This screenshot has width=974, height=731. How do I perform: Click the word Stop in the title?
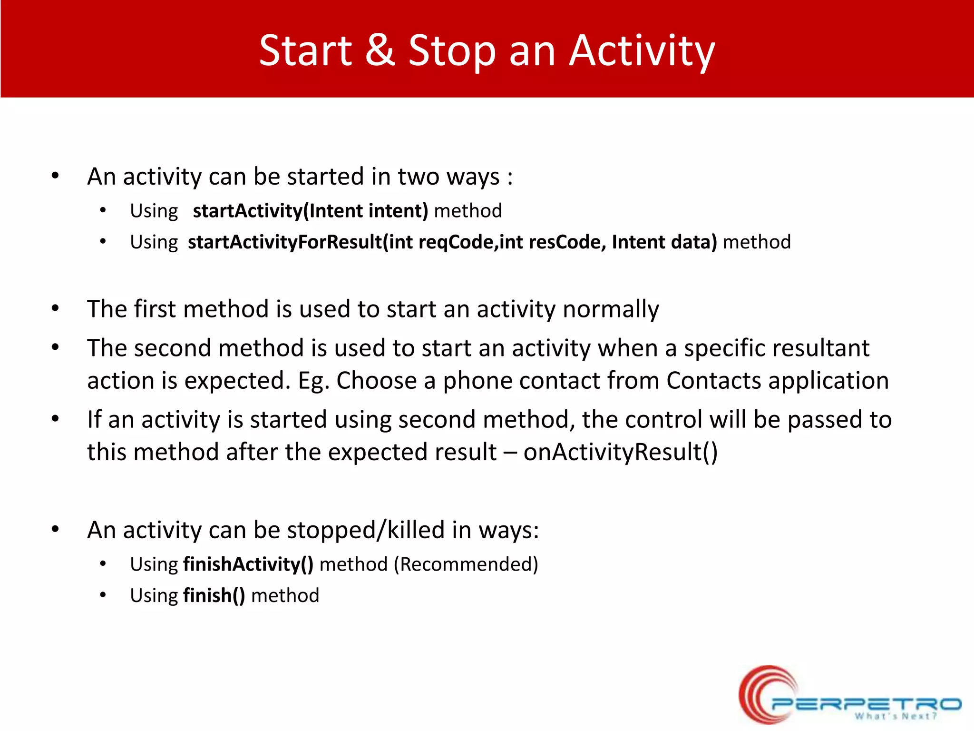[452, 51]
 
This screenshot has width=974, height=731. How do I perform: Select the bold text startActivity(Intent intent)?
[310, 211]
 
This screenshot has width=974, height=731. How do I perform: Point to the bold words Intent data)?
[664, 242]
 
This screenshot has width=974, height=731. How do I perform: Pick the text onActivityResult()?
[620, 452]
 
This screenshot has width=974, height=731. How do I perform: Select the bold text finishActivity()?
[248, 564]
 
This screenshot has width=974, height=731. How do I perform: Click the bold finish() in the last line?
[214, 596]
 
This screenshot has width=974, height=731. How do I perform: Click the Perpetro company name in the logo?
[866, 703]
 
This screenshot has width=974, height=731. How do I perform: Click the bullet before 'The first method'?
[55, 309]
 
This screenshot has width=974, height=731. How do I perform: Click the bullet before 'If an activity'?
[55, 419]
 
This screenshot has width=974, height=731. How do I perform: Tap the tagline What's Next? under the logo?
[895, 716]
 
